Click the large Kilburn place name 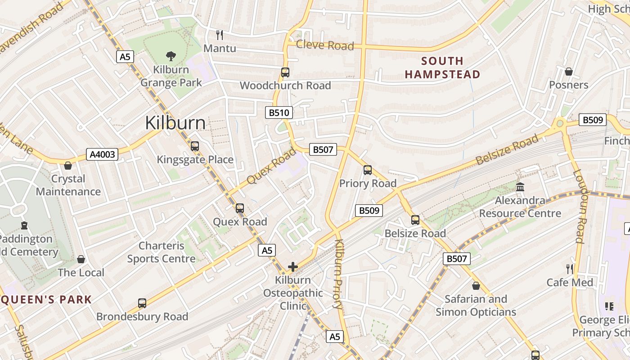pos(175,123)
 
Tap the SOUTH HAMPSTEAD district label pos(442,67)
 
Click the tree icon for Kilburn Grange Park pos(171,56)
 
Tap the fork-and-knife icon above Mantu pos(220,35)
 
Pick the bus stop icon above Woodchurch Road pos(285,72)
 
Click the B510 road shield pos(279,112)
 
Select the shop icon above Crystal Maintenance pos(68,166)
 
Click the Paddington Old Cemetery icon pos(24,225)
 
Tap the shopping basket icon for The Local pos(81,259)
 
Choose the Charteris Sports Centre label pos(161,252)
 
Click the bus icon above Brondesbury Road pos(142,303)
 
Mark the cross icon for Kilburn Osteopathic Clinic pos(293,267)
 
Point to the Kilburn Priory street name pos(339,274)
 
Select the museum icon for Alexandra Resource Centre pos(520,187)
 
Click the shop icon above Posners pos(569,72)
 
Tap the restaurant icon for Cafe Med pos(570,269)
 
